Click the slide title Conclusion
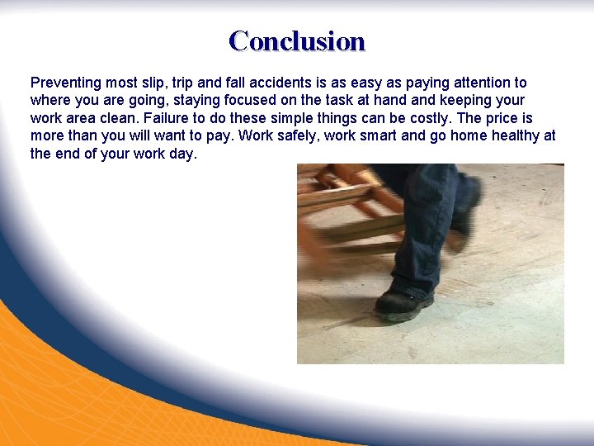pos(297,40)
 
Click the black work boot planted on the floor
pos(404,302)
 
